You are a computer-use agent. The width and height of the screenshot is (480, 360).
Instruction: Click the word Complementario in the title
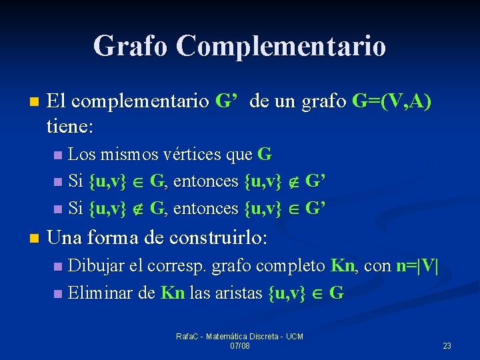point(281,46)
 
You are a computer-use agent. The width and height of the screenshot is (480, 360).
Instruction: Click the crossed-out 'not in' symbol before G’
point(293,181)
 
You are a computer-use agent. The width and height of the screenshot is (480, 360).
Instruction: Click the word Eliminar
point(97,292)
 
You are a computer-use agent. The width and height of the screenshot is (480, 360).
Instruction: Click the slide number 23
point(447,345)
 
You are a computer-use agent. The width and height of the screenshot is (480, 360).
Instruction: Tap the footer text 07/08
point(239,345)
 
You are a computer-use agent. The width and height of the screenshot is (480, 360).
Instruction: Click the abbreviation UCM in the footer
point(293,337)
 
